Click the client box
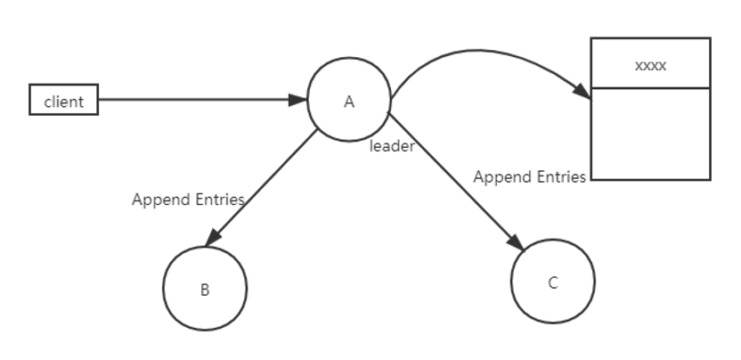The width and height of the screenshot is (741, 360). pyautogui.click(x=64, y=100)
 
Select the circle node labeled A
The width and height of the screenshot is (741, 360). pyautogui.click(x=349, y=99)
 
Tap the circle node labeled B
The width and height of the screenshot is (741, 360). pyautogui.click(x=205, y=288)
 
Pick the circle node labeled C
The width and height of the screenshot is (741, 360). pyautogui.click(x=553, y=282)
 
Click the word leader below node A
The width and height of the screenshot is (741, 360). pyautogui.click(x=392, y=147)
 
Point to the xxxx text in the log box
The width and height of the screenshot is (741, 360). pyautogui.click(x=651, y=66)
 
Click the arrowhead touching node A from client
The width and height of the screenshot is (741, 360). pyautogui.click(x=297, y=100)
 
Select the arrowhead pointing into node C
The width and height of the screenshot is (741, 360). pyautogui.click(x=516, y=241)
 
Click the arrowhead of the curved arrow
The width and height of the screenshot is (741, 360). pyautogui.click(x=582, y=91)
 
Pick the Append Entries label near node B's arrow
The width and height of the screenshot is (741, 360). pyautogui.click(x=188, y=200)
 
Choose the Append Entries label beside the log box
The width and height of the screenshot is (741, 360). pyautogui.click(x=529, y=177)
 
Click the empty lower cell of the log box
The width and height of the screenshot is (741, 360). pyautogui.click(x=651, y=134)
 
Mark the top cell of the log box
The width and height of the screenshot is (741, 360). pyautogui.click(x=651, y=63)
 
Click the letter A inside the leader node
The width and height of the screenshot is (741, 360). pyautogui.click(x=349, y=102)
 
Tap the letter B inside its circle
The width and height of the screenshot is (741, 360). pyautogui.click(x=205, y=290)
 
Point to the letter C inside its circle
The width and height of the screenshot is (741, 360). pyautogui.click(x=553, y=282)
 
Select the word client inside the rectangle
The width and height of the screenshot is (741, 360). pyautogui.click(x=64, y=102)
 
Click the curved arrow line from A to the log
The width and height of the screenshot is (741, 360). pyautogui.click(x=477, y=50)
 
